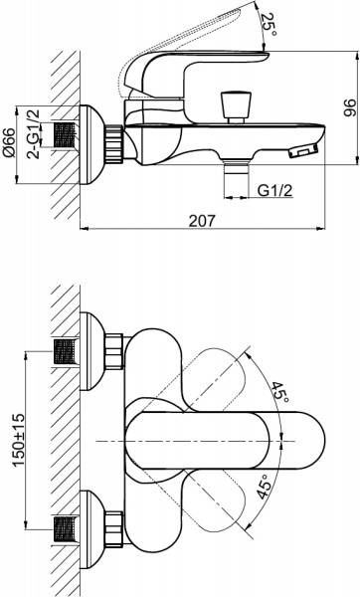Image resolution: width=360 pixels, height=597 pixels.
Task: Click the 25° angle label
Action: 266,21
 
